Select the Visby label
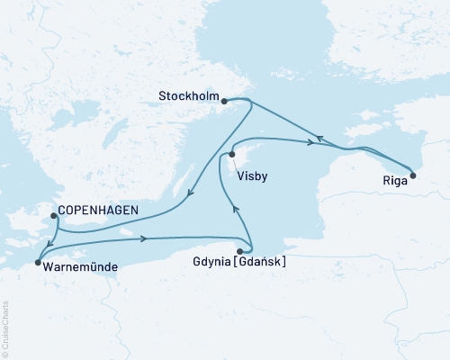coord(249,176)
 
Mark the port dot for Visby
coord(232,155)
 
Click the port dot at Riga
coord(413,175)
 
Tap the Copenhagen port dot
coord(53,215)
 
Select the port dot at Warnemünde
coord(37,263)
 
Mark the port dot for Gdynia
coord(240,251)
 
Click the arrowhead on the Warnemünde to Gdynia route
coord(144,238)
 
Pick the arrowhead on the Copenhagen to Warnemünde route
coord(55,241)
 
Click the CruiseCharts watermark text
coord(6,329)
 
